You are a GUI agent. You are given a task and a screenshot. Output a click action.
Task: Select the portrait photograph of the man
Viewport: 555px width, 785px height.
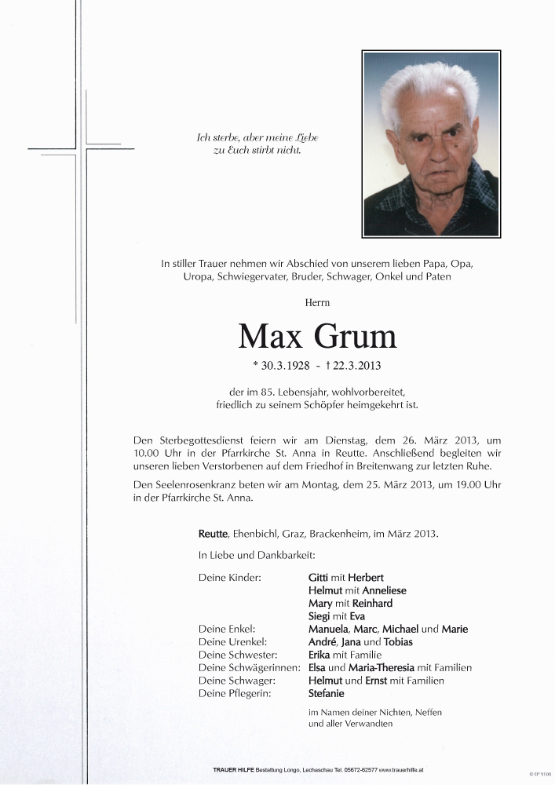tap(431, 144)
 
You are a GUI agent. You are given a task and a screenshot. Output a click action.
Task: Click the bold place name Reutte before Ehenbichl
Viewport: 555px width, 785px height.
tap(214, 534)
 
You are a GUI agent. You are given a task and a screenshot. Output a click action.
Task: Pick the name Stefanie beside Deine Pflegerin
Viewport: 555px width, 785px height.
tap(327, 694)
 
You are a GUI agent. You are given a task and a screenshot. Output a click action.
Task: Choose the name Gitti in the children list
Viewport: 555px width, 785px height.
tap(319, 577)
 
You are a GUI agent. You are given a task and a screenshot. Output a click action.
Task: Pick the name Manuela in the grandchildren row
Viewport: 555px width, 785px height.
tap(330, 629)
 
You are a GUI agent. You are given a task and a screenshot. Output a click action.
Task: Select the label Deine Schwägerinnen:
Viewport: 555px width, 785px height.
tap(249, 668)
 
